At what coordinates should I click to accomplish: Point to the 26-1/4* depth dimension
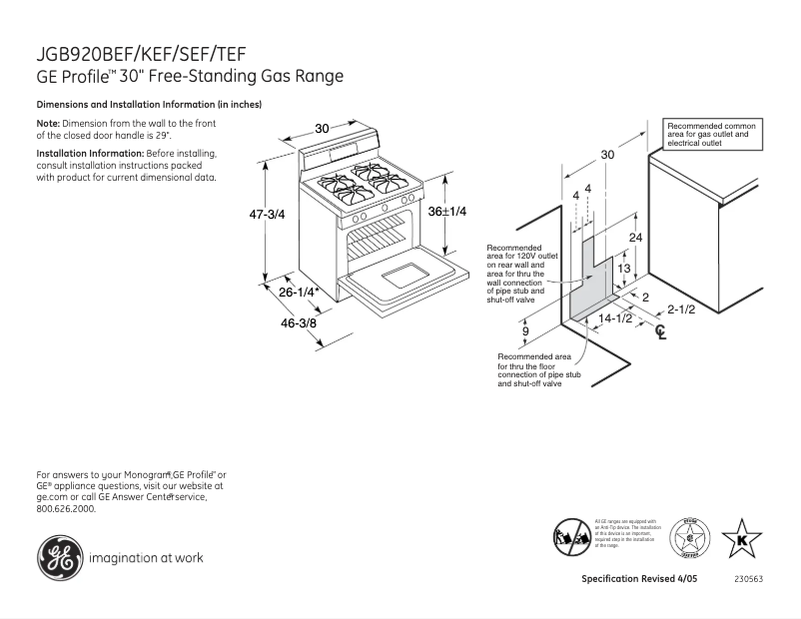click(299, 293)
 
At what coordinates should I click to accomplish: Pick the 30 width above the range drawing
click(322, 128)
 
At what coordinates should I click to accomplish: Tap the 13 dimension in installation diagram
click(623, 270)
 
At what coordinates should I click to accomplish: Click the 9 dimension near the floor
click(525, 330)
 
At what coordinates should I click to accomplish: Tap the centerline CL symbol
click(660, 332)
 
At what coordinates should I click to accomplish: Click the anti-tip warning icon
click(573, 535)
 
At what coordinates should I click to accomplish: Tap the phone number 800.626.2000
click(66, 508)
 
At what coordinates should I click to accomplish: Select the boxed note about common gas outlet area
click(712, 134)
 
